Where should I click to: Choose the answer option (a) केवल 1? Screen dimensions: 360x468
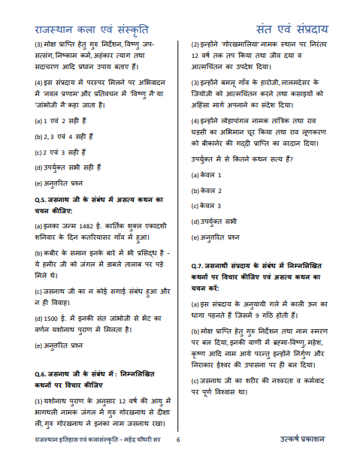212,175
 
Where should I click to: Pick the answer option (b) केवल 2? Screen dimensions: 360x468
212,191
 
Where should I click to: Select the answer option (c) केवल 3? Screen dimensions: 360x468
212,206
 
